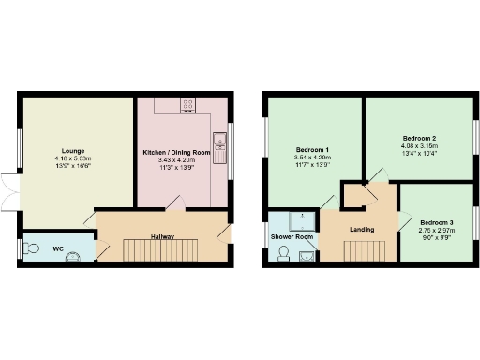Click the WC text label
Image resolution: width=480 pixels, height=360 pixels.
pyautogui.click(x=57, y=248)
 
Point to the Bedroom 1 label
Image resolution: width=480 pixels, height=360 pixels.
pyautogui.click(x=312, y=151)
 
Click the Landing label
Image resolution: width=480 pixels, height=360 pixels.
pyautogui.click(x=362, y=229)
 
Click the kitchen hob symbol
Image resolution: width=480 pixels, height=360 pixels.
pyautogui.click(x=187, y=104)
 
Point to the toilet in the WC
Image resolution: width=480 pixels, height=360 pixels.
pyautogui.click(x=33, y=248)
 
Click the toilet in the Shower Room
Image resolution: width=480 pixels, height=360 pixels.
pyautogui.click(x=283, y=253)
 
